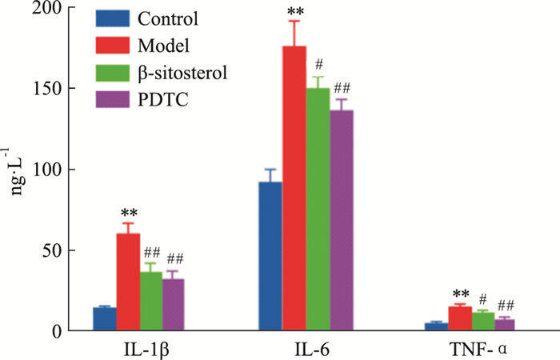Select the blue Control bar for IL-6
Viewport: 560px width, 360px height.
270,256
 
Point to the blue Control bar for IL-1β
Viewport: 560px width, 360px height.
105,319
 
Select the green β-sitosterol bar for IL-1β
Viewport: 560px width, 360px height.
151,301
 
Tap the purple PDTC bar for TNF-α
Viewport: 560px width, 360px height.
505,325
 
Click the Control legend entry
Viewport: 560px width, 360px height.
167,17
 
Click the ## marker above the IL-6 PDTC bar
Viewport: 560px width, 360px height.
342,88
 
